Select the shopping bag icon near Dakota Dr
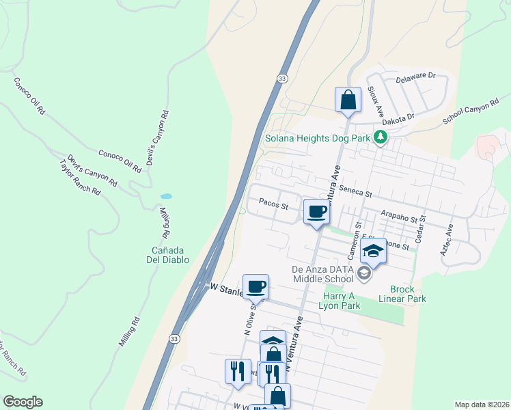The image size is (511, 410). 348,99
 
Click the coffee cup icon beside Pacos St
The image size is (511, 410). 316,212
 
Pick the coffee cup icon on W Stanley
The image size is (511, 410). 255,286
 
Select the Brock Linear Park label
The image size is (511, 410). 407,294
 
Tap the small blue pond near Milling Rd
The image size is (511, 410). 166,196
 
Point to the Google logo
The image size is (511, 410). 23,402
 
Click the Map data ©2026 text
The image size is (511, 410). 481,405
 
